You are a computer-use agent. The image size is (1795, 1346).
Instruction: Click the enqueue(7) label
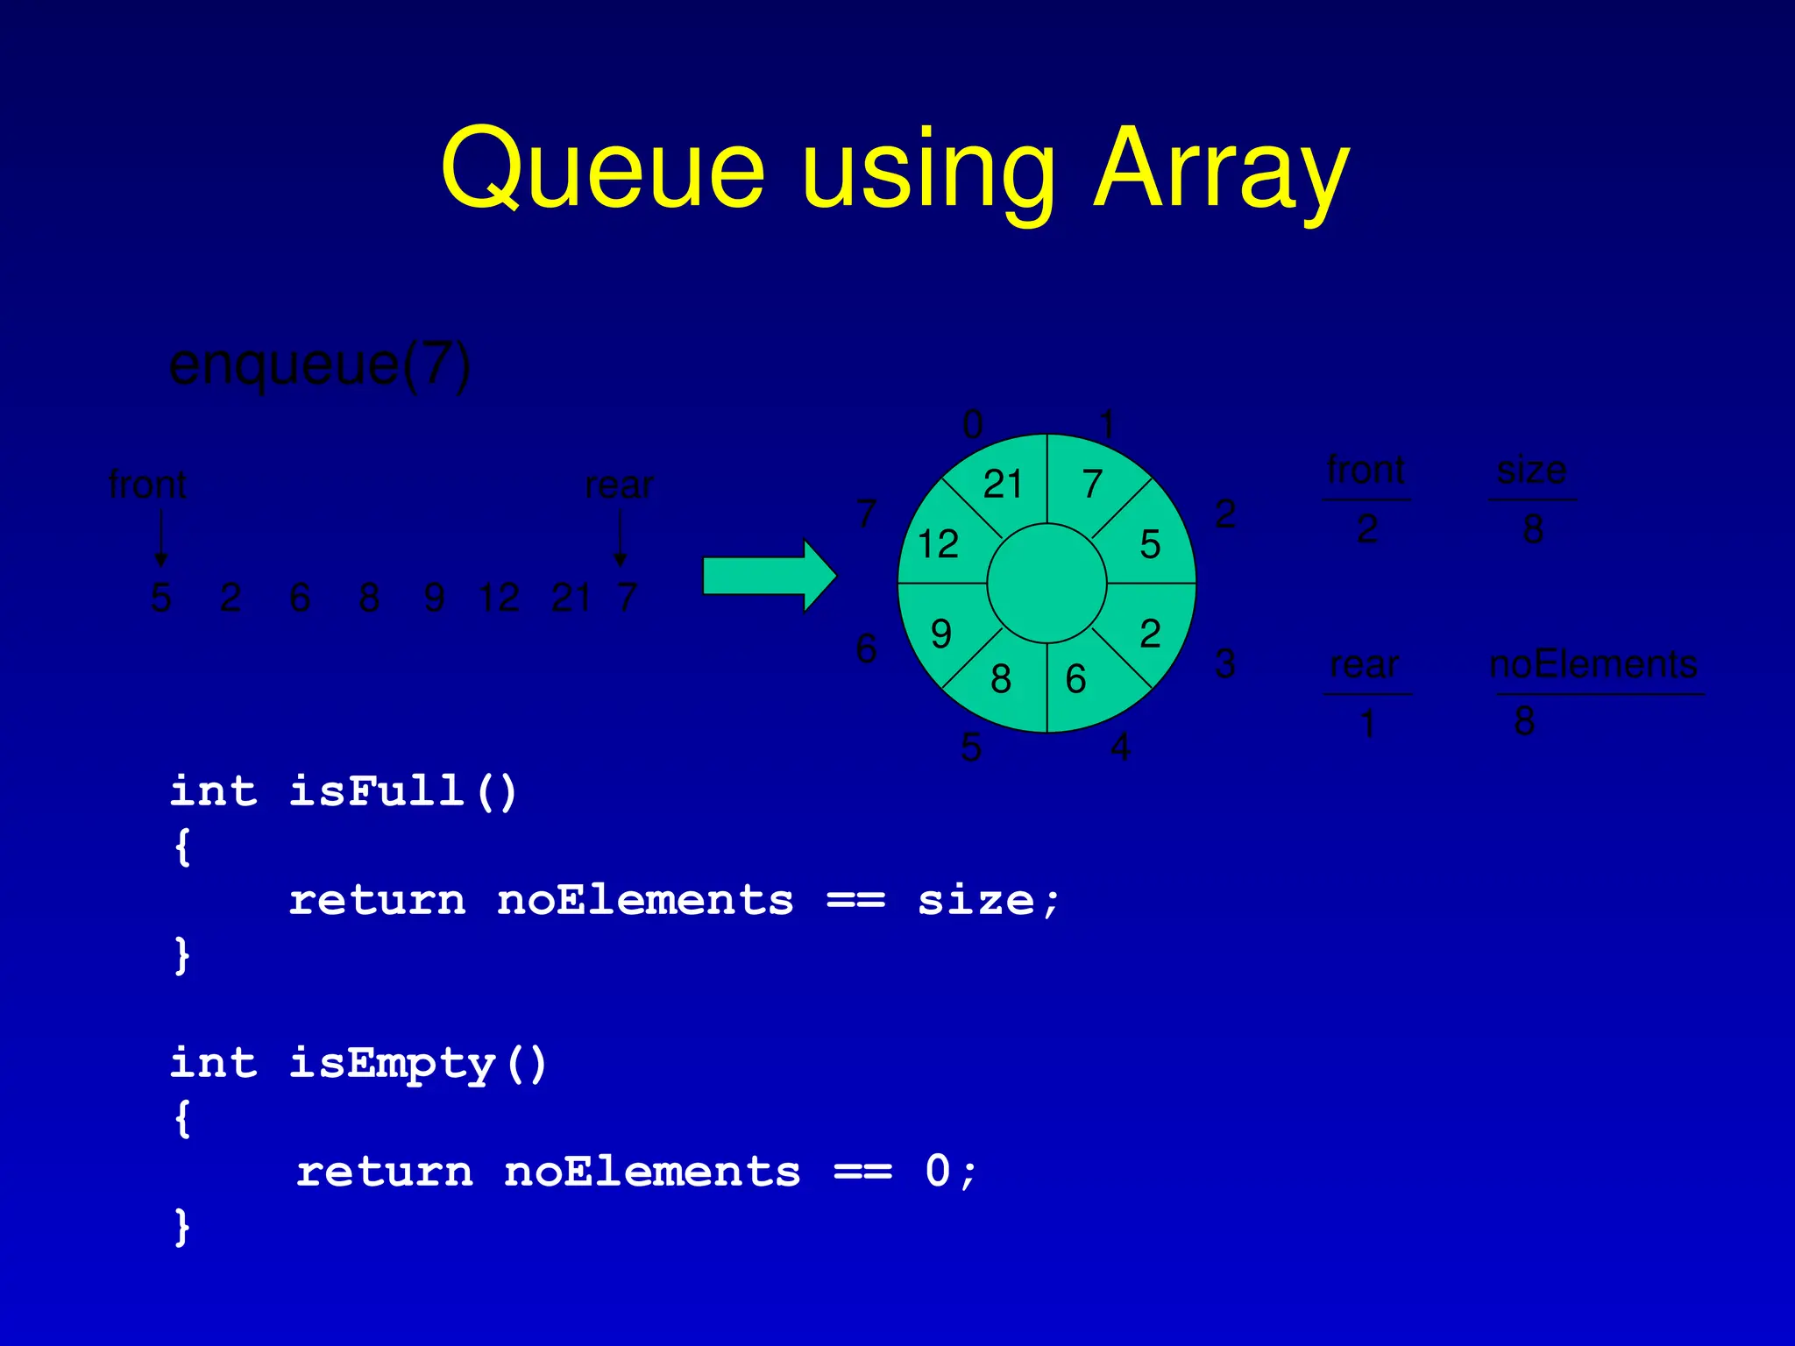click(x=320, y=365)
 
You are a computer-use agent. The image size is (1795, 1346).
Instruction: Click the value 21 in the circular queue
click(x=1003, y=485)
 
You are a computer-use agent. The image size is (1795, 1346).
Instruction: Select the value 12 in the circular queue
click(x=938, y=544)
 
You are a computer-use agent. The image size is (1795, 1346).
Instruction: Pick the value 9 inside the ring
click(x=941, y=634)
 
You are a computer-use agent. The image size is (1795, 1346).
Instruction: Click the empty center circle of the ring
click(x=1046, y=583)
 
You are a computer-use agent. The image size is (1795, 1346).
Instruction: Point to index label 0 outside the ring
click(x=973, y=425)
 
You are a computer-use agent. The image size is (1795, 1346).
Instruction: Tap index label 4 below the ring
click(x=1120, y=747)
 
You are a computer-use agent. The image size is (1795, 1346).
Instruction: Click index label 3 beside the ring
click(x=1225, y=663)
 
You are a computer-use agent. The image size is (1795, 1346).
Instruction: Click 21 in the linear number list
click(x=571, y=599)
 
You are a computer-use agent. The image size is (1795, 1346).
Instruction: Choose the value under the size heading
click(x=1533, y=529)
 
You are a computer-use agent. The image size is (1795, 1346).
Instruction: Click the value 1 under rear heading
click(x=1367, y=725)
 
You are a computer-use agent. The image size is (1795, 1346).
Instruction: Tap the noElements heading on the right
click(x=1593, y=664)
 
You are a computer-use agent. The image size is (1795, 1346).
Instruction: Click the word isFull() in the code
click(x=403, y=791)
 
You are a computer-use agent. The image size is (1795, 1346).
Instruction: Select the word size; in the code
click(x=989, y=901)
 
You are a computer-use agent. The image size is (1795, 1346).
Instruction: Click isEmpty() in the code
click(x=418, y=1064)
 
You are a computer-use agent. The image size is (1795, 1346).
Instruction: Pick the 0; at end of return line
click(x=950, y=1172)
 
